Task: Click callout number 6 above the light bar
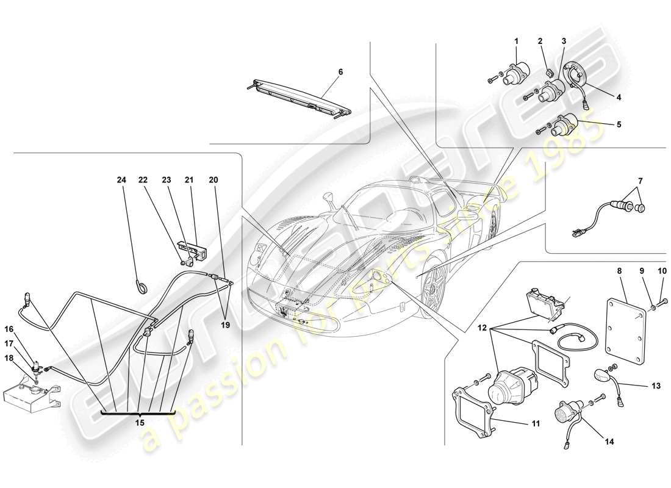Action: (x=340, y=71)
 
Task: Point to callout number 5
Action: (x=618, y=124)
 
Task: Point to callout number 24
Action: (x=123, y=180)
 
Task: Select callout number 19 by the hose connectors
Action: (x=225, y=325)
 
